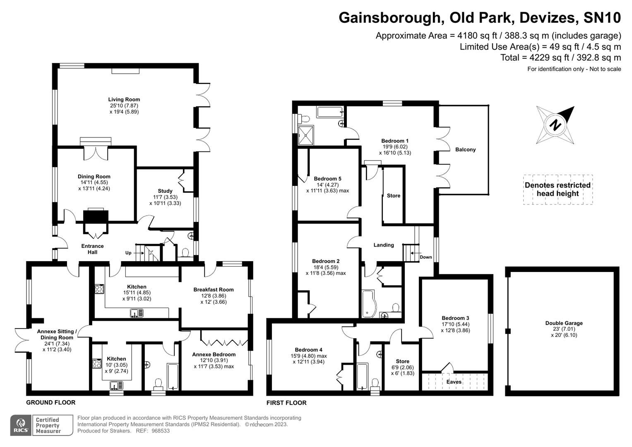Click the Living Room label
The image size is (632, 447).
click(x=124, y=99)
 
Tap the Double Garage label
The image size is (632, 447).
click(x=564, y=323)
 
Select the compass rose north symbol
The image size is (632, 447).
click(x=555, y=125)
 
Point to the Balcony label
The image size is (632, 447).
click(x=465, y=149)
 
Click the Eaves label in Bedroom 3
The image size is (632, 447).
click(x=454, y=382)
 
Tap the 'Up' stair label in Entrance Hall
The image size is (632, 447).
click(x=129, y=253)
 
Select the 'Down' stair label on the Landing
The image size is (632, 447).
click(x=425, y=257)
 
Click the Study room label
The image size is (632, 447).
click(x=165, y=191)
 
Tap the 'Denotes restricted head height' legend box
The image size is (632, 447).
click(x=558, y=190)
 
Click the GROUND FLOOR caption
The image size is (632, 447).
click(x=50, y=402)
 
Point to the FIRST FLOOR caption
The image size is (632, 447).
click(x=286, y=403)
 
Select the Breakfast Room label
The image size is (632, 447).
click(x=214, y=289)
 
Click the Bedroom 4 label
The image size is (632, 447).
click(x=309, y=350)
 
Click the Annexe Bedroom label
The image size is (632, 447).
click(x=214, y=354)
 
